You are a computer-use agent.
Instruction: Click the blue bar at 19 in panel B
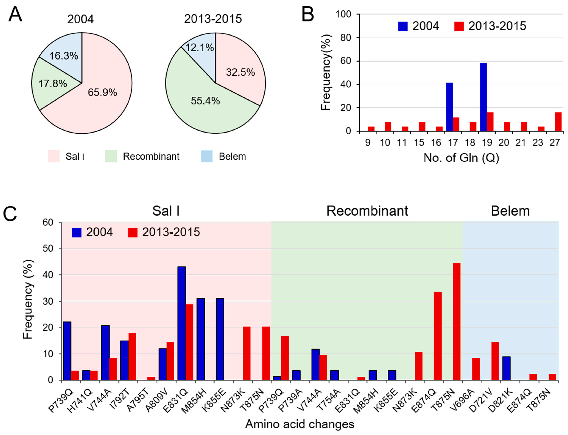[483, 97]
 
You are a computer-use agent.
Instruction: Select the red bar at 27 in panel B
[558, 122]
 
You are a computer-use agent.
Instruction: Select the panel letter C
[10, 214]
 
